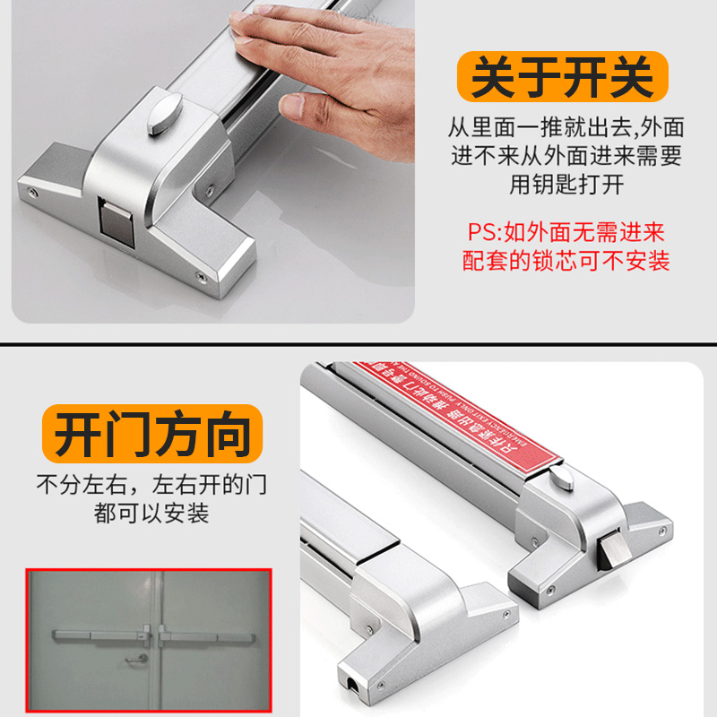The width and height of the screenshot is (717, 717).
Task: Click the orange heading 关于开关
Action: tap(562, 77)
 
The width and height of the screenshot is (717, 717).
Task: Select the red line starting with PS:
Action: tap(566, 233)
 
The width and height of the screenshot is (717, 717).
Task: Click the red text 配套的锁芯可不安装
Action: tap(566, 261)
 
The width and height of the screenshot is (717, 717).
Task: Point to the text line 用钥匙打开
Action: tap(566, 185)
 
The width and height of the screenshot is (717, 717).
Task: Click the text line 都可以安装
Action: tap(151, 514)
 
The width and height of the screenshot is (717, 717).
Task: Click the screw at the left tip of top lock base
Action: tap(32, 192)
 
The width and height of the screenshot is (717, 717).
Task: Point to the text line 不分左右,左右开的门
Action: tap(151, 487)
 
